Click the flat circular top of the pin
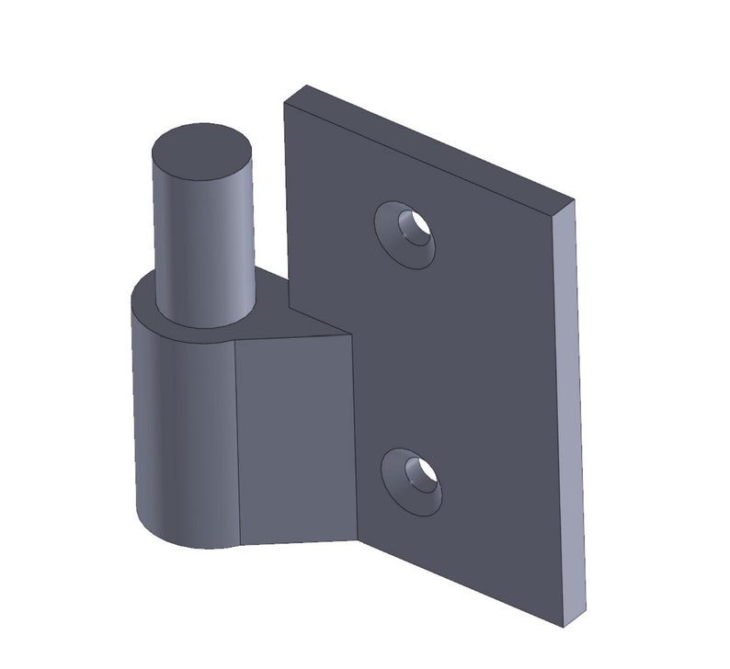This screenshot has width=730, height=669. (202, 152)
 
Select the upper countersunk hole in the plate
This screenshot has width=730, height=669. (405, 234)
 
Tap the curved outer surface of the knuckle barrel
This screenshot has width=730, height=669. (179, 432)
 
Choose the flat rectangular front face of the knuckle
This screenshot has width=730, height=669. (294, 437)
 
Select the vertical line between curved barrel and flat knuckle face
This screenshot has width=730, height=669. (236, 441)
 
